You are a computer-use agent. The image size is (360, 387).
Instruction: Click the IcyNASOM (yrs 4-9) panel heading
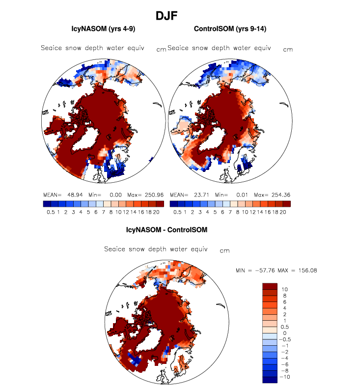(103, 29)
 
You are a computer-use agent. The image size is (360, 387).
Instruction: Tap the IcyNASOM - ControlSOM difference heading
(167, 229)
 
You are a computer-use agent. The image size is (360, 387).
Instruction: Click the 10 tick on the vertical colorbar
(284, 290)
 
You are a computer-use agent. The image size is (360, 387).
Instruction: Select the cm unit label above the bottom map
(224, 250)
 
